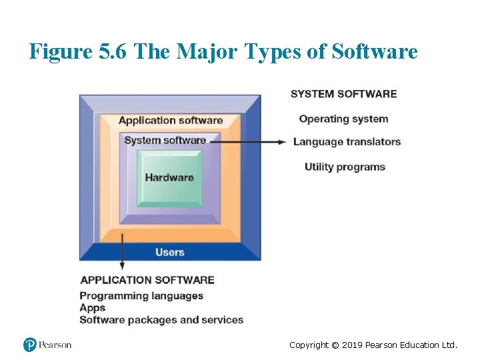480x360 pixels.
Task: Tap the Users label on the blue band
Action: coord(169,252)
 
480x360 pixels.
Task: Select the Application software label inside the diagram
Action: coord(171,121)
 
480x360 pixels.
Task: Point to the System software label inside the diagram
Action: coord(165,140)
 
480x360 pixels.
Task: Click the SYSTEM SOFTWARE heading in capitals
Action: coord(343,94)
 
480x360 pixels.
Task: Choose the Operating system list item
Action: coord(343,119)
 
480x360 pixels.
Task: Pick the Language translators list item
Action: coord(347,141)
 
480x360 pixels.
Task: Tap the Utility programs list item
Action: coord(345,167)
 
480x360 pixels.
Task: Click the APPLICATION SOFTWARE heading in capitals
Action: coord(147,280)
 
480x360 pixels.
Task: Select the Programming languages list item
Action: coord(141,295)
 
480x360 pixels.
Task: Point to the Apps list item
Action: coord(93,307)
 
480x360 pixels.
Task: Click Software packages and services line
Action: coord(161,320)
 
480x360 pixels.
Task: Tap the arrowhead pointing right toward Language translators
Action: coord(283,141)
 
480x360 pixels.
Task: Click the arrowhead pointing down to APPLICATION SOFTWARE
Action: coord(121,266)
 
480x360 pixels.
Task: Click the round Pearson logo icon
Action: coord(30,345)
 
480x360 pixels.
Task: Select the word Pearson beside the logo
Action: coord(55,345)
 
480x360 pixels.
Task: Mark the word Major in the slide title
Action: coord(207,51)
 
